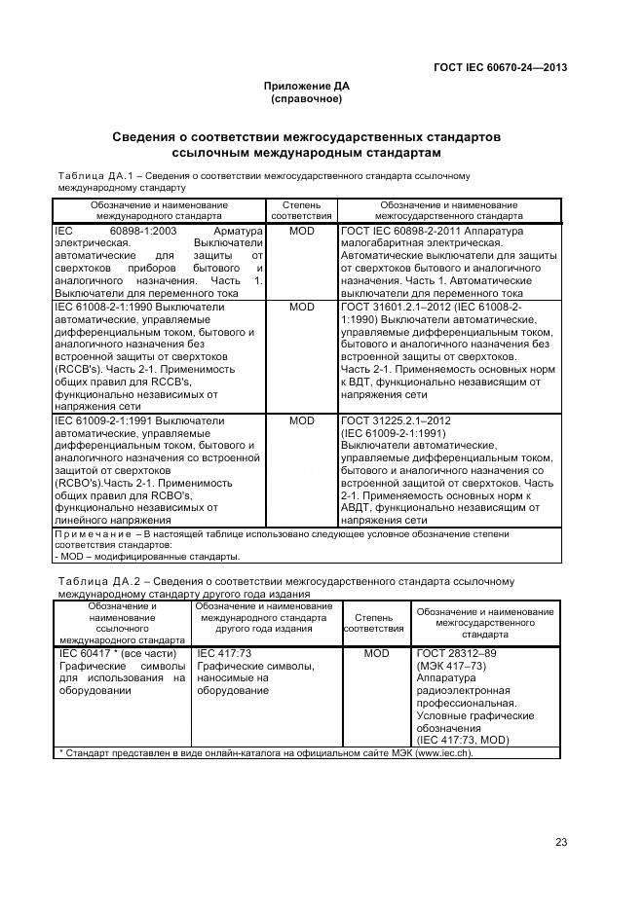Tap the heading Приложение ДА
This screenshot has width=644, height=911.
306,87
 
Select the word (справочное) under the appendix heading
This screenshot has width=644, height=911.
306,99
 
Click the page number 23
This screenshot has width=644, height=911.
560,842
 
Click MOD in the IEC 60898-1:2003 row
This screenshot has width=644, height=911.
302,232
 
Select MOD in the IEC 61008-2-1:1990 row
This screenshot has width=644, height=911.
302,307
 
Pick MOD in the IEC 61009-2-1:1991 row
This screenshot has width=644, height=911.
302,420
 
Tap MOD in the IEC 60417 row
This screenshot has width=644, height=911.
376,654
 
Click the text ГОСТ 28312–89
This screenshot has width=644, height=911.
452,654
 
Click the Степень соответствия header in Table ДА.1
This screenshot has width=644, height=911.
302,211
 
